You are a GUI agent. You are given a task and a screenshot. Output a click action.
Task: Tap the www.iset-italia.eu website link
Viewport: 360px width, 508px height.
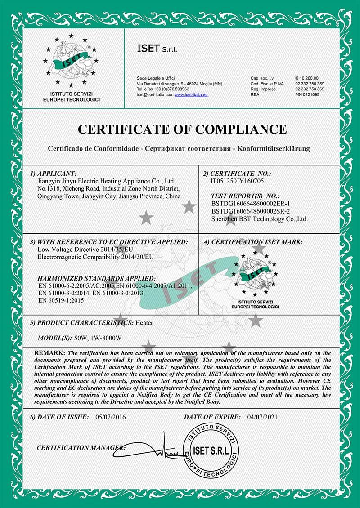pyautogui.click(x=190, y=94)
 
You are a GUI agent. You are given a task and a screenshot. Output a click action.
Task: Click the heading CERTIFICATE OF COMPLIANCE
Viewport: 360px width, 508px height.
pyautogui.click(x=182, y=129)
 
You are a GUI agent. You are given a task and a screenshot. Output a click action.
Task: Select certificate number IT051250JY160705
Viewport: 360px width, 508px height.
pyautogui.click(x=237, y=181)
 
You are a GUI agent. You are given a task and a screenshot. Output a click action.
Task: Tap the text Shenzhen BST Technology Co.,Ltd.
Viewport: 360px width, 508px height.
pyautogui.click(x=259, y=219)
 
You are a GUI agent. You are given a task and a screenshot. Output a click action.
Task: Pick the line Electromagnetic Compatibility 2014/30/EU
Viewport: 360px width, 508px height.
pyautogui.click(x=96, y=257)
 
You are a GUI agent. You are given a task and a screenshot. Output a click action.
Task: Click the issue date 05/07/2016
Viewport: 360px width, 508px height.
pyautogui.click(x=111, y=417)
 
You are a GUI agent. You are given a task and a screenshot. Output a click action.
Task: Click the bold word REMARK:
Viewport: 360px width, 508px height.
pyautogui.click(x=50, y=352)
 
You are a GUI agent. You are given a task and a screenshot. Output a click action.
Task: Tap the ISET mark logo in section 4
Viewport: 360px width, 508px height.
pyautogui.click(x=255, y=277)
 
